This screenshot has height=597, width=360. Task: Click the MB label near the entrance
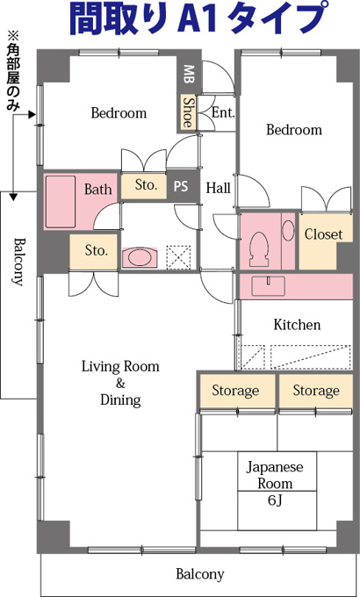[x=190, y=75]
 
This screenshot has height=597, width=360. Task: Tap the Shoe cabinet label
[x=188, y=112]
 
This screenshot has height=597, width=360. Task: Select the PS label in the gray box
[x=181, y=186]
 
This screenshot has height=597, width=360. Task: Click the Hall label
[x=219, y=188]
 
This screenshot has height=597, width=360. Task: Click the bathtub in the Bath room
[x=61, y=201]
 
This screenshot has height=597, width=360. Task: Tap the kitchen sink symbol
[x=268, y=286]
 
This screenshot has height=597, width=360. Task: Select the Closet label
[x=323, y=234]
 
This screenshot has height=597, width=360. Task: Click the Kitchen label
[x=297, y=325]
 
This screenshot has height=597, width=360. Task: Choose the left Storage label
[x=235, y=391]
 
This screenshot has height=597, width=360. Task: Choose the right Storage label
[x=316, y=391]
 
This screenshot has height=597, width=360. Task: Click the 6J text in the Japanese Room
[x=275, y=500]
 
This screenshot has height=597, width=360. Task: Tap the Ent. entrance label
[x=223, y=112]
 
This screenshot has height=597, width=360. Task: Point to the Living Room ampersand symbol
[x=120, y=383]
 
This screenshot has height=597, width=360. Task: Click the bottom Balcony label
[x=200, y=574]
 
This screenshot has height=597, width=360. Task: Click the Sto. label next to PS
[x=147, y=185]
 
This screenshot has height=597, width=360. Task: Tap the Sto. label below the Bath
[x=96, y=250]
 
